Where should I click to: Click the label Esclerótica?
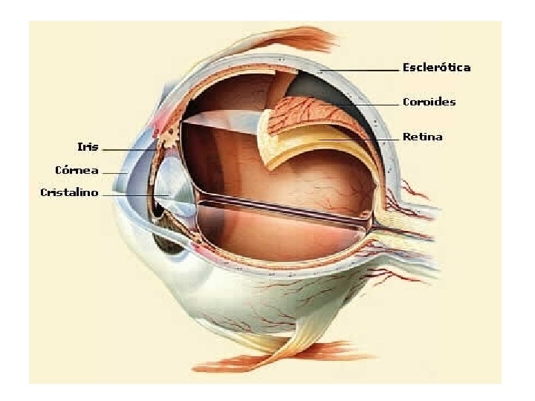[436, 68]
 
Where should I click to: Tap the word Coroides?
[429, 102]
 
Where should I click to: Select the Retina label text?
[422, 137]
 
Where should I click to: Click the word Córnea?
[77, 170]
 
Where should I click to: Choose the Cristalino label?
[69, 193]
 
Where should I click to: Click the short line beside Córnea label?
[115, 172]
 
